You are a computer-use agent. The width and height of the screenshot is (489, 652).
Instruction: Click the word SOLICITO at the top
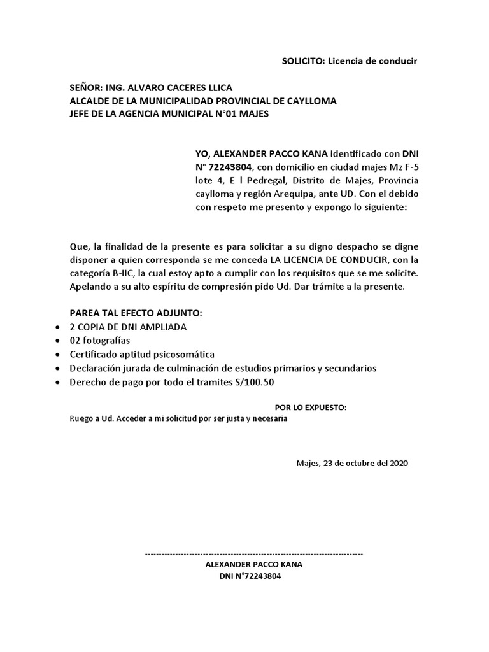(303, 61)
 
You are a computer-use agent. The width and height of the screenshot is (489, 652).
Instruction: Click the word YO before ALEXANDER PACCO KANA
(202, 153)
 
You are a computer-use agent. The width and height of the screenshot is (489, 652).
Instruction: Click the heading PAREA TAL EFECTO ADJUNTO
(136, 313)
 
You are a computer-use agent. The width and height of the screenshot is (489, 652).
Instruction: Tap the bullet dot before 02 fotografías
(57, 341)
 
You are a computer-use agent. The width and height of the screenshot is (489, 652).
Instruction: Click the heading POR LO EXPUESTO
(310, 407)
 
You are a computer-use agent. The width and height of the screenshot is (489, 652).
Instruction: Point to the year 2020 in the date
(397, 463)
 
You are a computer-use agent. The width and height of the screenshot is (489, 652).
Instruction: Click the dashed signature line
(254, 554)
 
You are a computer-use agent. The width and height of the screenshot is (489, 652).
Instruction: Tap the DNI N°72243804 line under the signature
(250, 576)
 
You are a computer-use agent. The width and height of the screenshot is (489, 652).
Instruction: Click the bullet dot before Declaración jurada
(57, 368)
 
